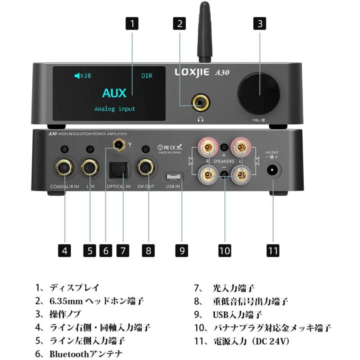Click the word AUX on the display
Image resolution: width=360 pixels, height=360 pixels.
(114, 93)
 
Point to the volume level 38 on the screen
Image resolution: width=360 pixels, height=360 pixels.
(83, 76)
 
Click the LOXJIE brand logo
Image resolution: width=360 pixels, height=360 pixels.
(193, 72)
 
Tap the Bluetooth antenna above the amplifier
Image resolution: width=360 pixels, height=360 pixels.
(204, 32)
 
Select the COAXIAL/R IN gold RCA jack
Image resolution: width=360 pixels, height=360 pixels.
(64, 168)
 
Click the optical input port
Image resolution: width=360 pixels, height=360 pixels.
(118, 168)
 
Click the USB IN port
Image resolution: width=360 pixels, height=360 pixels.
(174, 176)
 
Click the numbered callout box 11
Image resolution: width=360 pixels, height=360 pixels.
(273, 250)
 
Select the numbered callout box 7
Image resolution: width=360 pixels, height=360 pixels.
(123, 250)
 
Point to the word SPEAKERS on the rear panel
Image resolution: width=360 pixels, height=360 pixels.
(224, 161)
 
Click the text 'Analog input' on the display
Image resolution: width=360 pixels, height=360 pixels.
(114, 109)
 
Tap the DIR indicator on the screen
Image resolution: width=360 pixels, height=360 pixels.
(147, 76)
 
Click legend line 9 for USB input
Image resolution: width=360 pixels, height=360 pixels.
(228, 314)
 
